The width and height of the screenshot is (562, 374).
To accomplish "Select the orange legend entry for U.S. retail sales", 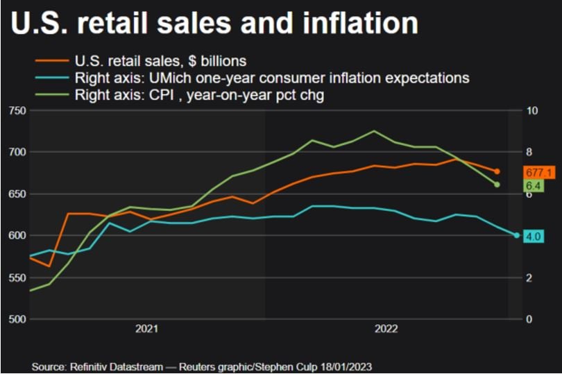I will [160, 61].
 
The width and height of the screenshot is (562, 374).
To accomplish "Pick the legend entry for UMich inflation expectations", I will [271, 78].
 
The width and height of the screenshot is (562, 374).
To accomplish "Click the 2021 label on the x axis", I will [146, 330].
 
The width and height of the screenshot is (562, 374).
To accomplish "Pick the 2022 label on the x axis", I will [386, 330].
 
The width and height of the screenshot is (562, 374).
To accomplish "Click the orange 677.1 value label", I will [538, 172].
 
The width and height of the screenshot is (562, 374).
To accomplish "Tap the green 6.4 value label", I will [534, 185].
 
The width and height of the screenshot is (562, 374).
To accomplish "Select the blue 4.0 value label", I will [534, 237].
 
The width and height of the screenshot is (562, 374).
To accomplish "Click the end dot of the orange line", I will [497, 171].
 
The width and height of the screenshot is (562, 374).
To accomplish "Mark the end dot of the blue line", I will [517, 235].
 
